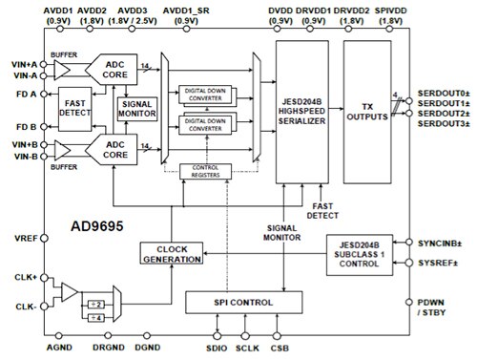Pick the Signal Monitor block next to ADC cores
[x=135, y=107]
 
